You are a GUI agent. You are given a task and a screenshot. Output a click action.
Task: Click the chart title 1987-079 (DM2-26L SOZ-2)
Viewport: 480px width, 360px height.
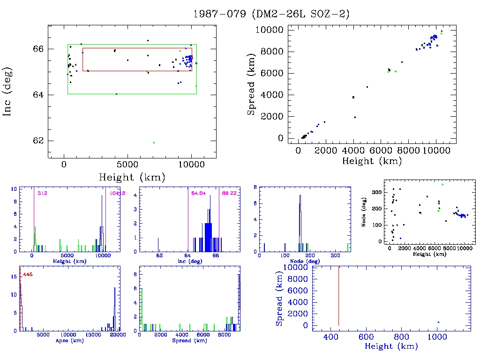pos(271,14)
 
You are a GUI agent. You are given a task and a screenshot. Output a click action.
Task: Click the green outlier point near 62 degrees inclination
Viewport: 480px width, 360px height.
pos(154,142)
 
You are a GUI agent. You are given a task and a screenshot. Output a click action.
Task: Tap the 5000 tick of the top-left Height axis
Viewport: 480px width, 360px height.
pos(127,165)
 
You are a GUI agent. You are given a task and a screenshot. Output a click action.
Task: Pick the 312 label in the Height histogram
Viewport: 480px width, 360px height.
pos(43,193)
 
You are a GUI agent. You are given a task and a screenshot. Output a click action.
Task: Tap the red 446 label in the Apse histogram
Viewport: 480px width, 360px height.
pos(28,274)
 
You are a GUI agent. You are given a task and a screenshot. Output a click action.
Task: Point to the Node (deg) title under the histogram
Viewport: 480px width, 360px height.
pos(306,261)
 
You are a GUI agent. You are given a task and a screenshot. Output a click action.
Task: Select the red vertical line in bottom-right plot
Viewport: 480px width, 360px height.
pos(338,295)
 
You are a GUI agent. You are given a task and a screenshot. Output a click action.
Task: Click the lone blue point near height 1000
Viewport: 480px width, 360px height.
pos(438,322)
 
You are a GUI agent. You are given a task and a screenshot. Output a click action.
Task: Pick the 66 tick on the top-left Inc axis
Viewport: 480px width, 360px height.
pos(39,49)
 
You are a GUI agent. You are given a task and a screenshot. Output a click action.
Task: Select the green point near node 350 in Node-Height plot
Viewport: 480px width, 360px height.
pos(442,184)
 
